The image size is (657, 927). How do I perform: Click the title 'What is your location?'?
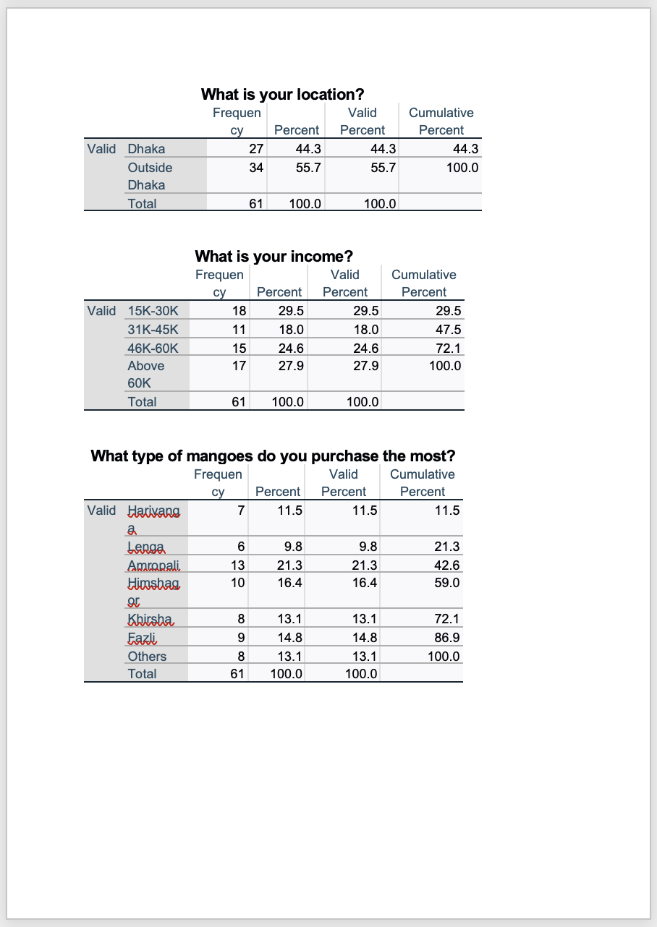282,94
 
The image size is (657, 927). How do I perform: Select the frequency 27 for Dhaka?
255,149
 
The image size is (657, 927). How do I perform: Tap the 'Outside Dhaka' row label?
150,176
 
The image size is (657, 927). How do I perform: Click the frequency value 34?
255,168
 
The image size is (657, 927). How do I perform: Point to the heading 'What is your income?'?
274,256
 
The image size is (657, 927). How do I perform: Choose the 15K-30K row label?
153,311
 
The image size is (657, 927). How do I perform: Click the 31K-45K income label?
153,330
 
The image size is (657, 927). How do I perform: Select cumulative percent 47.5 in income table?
446,330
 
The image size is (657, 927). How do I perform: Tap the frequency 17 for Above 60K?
239,366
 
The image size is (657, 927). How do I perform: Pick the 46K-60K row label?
153,348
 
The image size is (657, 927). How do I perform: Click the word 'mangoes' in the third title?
219,456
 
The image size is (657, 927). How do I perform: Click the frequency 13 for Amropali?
237,565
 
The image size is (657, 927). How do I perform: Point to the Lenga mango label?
145,547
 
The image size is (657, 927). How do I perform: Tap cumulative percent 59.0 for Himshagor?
446,583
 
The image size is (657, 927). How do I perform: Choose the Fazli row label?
142,638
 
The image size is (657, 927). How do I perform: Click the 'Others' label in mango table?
147,657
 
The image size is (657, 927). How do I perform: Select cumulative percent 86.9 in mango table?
446,638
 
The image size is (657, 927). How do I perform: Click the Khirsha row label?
151,619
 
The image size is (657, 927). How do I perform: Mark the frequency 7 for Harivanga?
241,511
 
